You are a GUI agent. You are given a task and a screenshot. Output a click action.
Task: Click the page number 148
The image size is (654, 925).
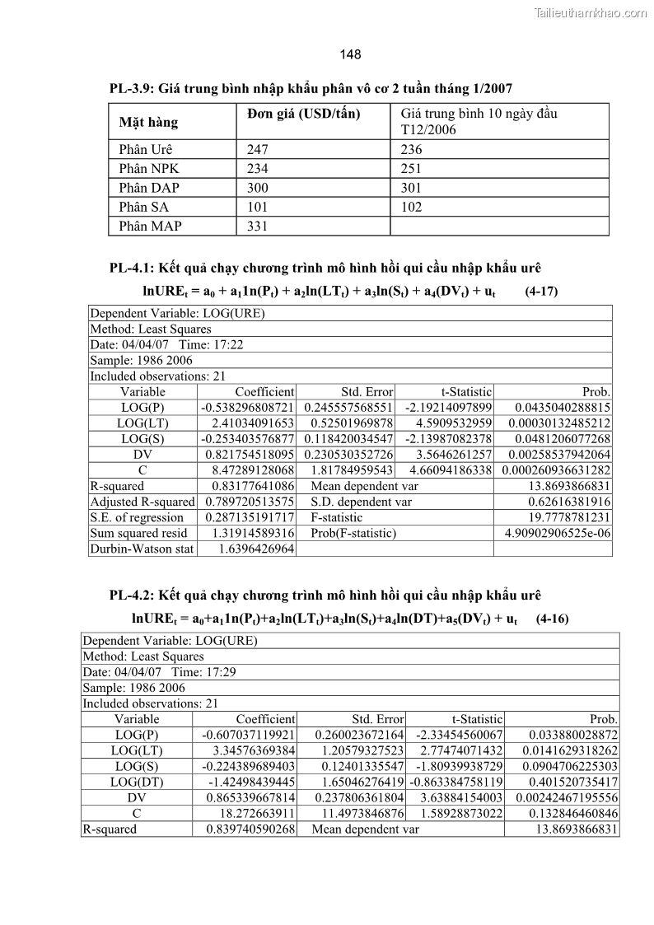350,55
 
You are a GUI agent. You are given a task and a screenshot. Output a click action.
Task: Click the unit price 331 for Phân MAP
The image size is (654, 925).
257,226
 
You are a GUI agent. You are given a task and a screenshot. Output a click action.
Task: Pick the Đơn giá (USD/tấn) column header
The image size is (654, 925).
303,114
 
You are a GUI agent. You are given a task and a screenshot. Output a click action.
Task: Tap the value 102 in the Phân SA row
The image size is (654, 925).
411,207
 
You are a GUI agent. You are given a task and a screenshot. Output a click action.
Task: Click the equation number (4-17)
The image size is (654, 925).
541,291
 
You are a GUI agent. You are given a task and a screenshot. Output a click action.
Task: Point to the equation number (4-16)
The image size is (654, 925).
552,619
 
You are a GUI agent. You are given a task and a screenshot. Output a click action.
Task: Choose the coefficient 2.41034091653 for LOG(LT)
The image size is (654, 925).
247,423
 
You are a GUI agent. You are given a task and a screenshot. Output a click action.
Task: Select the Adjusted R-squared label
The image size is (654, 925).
142,502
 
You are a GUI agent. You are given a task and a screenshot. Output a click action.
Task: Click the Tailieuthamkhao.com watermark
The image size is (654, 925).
591,12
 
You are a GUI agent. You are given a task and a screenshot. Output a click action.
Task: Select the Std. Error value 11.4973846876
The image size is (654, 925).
360,813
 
